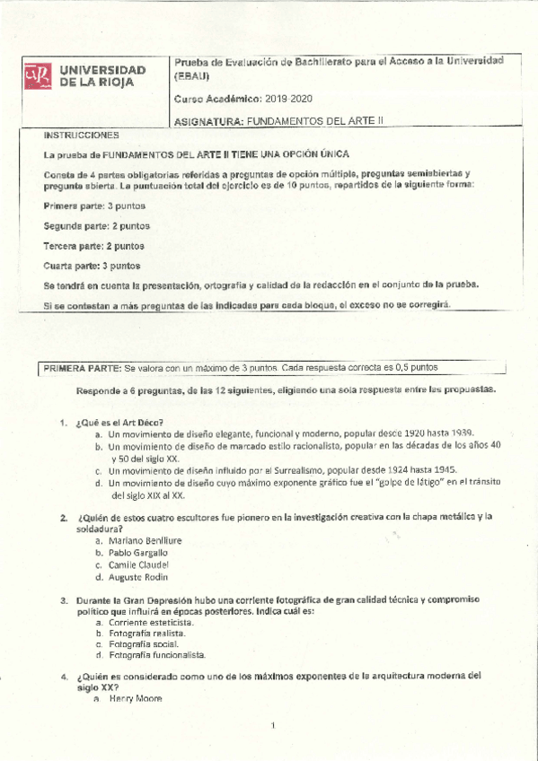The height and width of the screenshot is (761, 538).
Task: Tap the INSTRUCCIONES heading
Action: tap(81, 135)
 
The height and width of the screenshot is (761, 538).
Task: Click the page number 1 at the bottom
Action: tap(272, 724)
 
